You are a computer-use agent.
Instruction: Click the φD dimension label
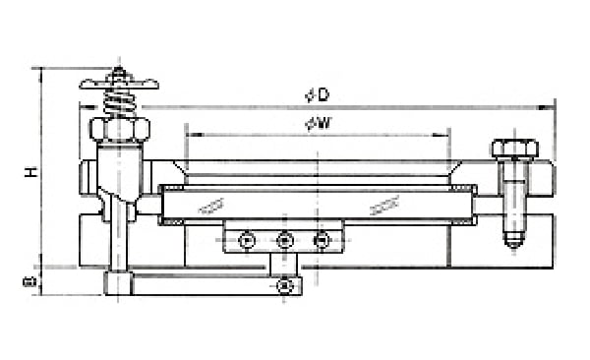[x=318, y=94]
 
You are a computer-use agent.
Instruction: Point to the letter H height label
[x=31, y=172]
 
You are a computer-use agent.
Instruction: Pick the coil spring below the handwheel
[x=118, y=102]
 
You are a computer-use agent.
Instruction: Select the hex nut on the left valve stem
[x=118, y=129]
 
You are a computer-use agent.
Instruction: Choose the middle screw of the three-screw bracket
[x=284, y=240]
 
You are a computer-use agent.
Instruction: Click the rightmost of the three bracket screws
[x=320, y=240]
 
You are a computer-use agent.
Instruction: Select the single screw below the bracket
[x=284, y=285]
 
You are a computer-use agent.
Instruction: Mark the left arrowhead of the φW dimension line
[x=188, y=133]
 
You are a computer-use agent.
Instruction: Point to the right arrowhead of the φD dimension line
[x=552, y=105]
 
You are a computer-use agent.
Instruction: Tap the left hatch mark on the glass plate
[x=208, y=207]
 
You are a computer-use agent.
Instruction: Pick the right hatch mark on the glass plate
[x=383, y=207]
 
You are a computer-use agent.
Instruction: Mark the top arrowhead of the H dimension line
[x=41, y=71]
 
